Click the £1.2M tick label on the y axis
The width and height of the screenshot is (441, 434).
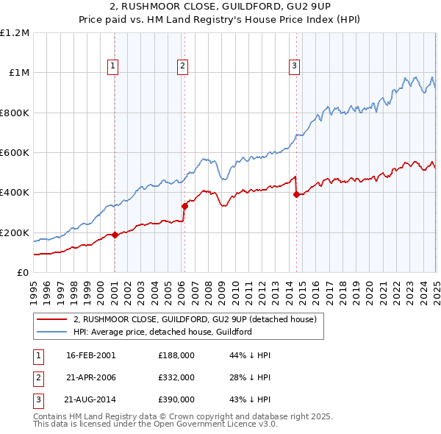[x=15, y=32]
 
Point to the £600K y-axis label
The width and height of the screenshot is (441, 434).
[x=15, y=153]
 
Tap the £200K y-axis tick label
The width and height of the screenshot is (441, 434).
[x=15, y=232]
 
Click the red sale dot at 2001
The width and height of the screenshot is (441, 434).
[x=115, y=235]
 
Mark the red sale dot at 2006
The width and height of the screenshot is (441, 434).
[x=184, y=207]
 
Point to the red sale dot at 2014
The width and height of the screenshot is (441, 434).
[x=296, y=195]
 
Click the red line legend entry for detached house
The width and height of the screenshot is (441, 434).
[x=195, y=319]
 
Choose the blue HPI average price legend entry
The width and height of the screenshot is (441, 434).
[x=162, y=332]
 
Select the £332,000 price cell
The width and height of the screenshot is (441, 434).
[x=176, y=377]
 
